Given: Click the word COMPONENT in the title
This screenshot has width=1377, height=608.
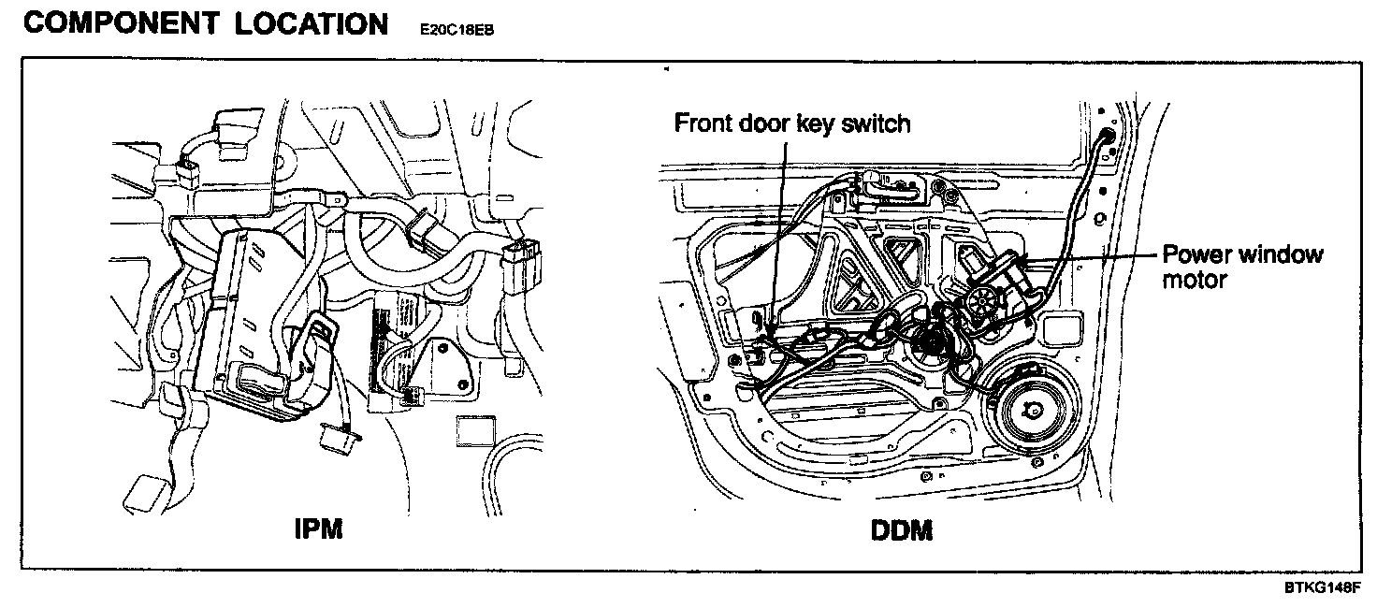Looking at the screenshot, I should (109, 23).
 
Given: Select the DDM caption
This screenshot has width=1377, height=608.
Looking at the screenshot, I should (901, 530).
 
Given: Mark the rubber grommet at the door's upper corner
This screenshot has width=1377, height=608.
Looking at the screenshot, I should (1108, 138).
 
